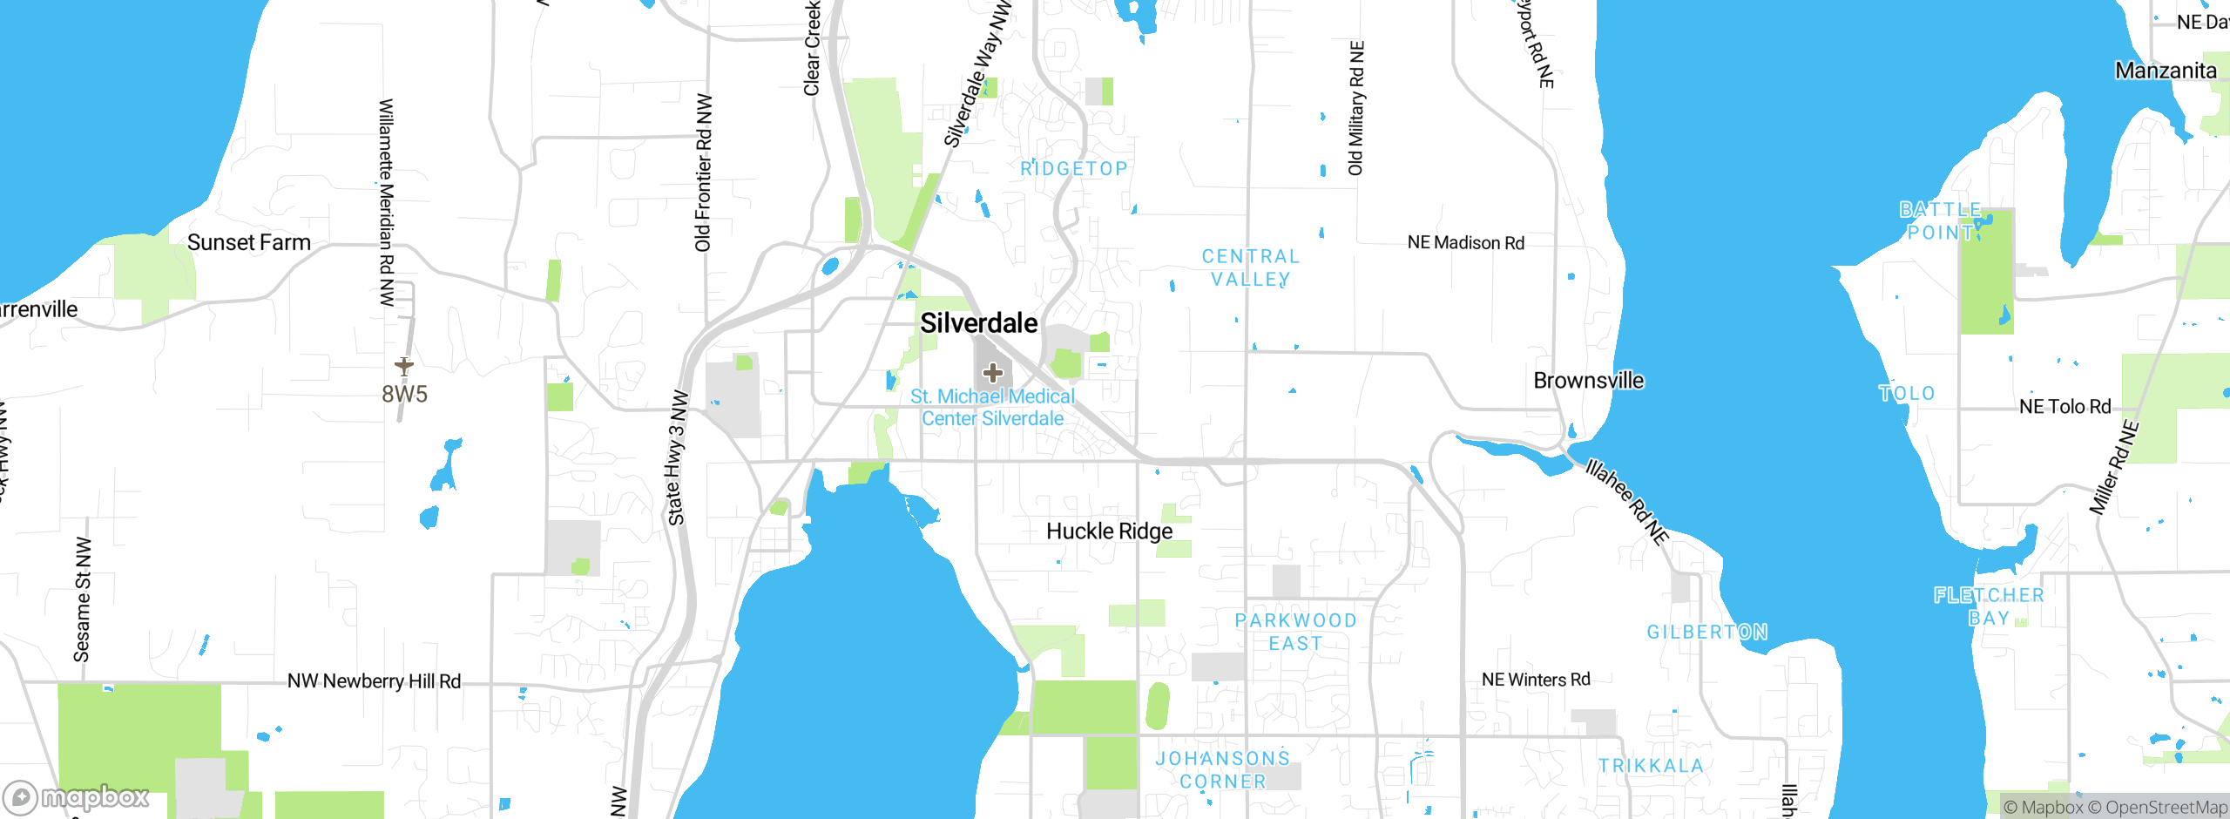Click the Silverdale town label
(x=979, y=323)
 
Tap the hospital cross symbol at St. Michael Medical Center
(x=992, y=374)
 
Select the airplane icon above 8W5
(x=403, y=364)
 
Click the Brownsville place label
(x=1588, y=381)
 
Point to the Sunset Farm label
(x=249, y=242)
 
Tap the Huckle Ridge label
(x=1109, y=531)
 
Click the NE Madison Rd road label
(x=1466, y=243)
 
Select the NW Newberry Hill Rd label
(x=374, y=681)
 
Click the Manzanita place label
(x=2166, y=71)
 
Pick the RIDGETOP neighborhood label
(x=1074, y=169)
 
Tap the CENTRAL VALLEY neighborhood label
(x=1251, y=267)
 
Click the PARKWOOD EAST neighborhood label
(x=1295, y=632)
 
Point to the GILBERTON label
(x=1707, y=632)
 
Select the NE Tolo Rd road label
(x=2064, y=407)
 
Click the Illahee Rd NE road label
(x=1626, y=502)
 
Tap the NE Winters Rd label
(x=1536, y=680)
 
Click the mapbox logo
(x=77, y=797)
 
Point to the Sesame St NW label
(x=82, y=599)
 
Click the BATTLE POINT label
(x=1940, y=221)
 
